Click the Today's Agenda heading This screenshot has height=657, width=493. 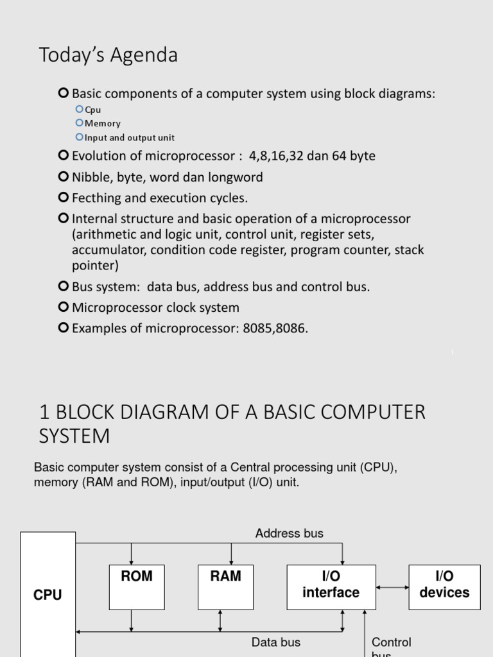pyautogui.click(x=108, y=56)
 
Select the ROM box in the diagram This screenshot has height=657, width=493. pyautogui.click(x=137, y=586)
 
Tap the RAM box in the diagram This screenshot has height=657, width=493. pyautogui.click(x=225, y=586)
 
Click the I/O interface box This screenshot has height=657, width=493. pyautogui.click(x=331, y=586)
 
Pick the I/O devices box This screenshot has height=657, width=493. pyautogui.click(x=444, y=586)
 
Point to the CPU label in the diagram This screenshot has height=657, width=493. pyautogui.click(x=48, y=595)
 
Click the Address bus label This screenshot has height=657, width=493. pyautogui.click(x=289, y=534)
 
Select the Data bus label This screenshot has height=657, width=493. pyautogui.click(x=275, y=642)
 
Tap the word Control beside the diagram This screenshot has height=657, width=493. pyautogui.click(x=392, y=642)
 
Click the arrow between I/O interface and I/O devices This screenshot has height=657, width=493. pyautogui.click(x=393, y=587)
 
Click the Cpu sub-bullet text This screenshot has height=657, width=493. pyautogui.click(x=93, y=110)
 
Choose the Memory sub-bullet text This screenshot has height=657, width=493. pyautogui.click(x=103, y=123)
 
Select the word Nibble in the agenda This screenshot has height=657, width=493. pyautogui.click(x=91, y=177)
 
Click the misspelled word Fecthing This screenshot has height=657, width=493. pyautogui.click(x=98, y=198)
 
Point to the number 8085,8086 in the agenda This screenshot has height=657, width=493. pyautogui.click(x=275, y=328)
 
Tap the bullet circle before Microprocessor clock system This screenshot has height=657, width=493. pyautogui.click(x=63, y=307)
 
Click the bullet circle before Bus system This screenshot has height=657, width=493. pyautogui.click(x=63, y=286)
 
